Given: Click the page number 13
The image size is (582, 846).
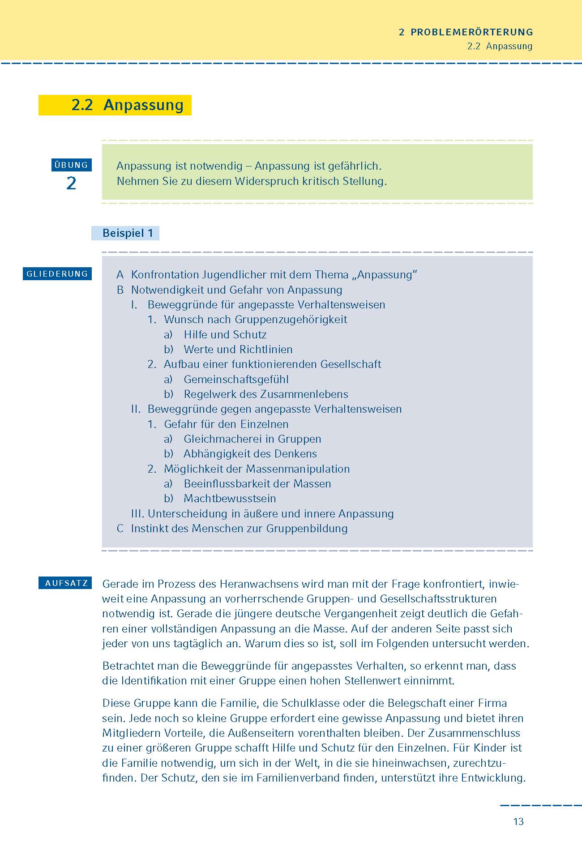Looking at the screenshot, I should (x=518, y=821).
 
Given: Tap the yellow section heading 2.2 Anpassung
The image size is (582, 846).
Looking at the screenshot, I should (x=127, y=105).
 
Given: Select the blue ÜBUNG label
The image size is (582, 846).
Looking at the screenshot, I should (x=71, y=165).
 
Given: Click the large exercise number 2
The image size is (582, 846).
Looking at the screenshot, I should (x=71, y=183).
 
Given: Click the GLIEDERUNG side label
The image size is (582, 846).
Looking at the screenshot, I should (x=57, y=274).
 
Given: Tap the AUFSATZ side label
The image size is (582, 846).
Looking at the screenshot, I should (x=66, y=583).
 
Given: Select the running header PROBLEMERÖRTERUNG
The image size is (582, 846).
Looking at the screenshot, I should (x=471, y=32).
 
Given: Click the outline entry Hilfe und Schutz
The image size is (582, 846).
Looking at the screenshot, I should (x=225, y=334).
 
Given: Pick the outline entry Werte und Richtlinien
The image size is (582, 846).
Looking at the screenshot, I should (x=238, y=349).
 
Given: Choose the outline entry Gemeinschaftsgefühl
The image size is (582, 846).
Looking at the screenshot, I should (x=236, y=379).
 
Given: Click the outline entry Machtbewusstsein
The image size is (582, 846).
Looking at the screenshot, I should (x=230, y=498).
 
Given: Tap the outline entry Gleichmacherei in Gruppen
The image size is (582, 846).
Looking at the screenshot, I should (x=252, y=439).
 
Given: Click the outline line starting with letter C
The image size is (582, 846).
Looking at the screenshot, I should (x=232, y=528).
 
